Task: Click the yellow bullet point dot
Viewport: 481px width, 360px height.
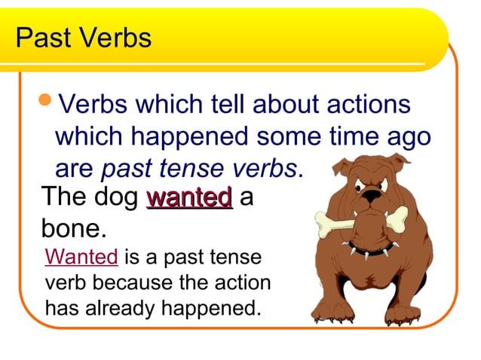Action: point(47,102)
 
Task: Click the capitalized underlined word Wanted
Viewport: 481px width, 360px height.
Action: point(81,258)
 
